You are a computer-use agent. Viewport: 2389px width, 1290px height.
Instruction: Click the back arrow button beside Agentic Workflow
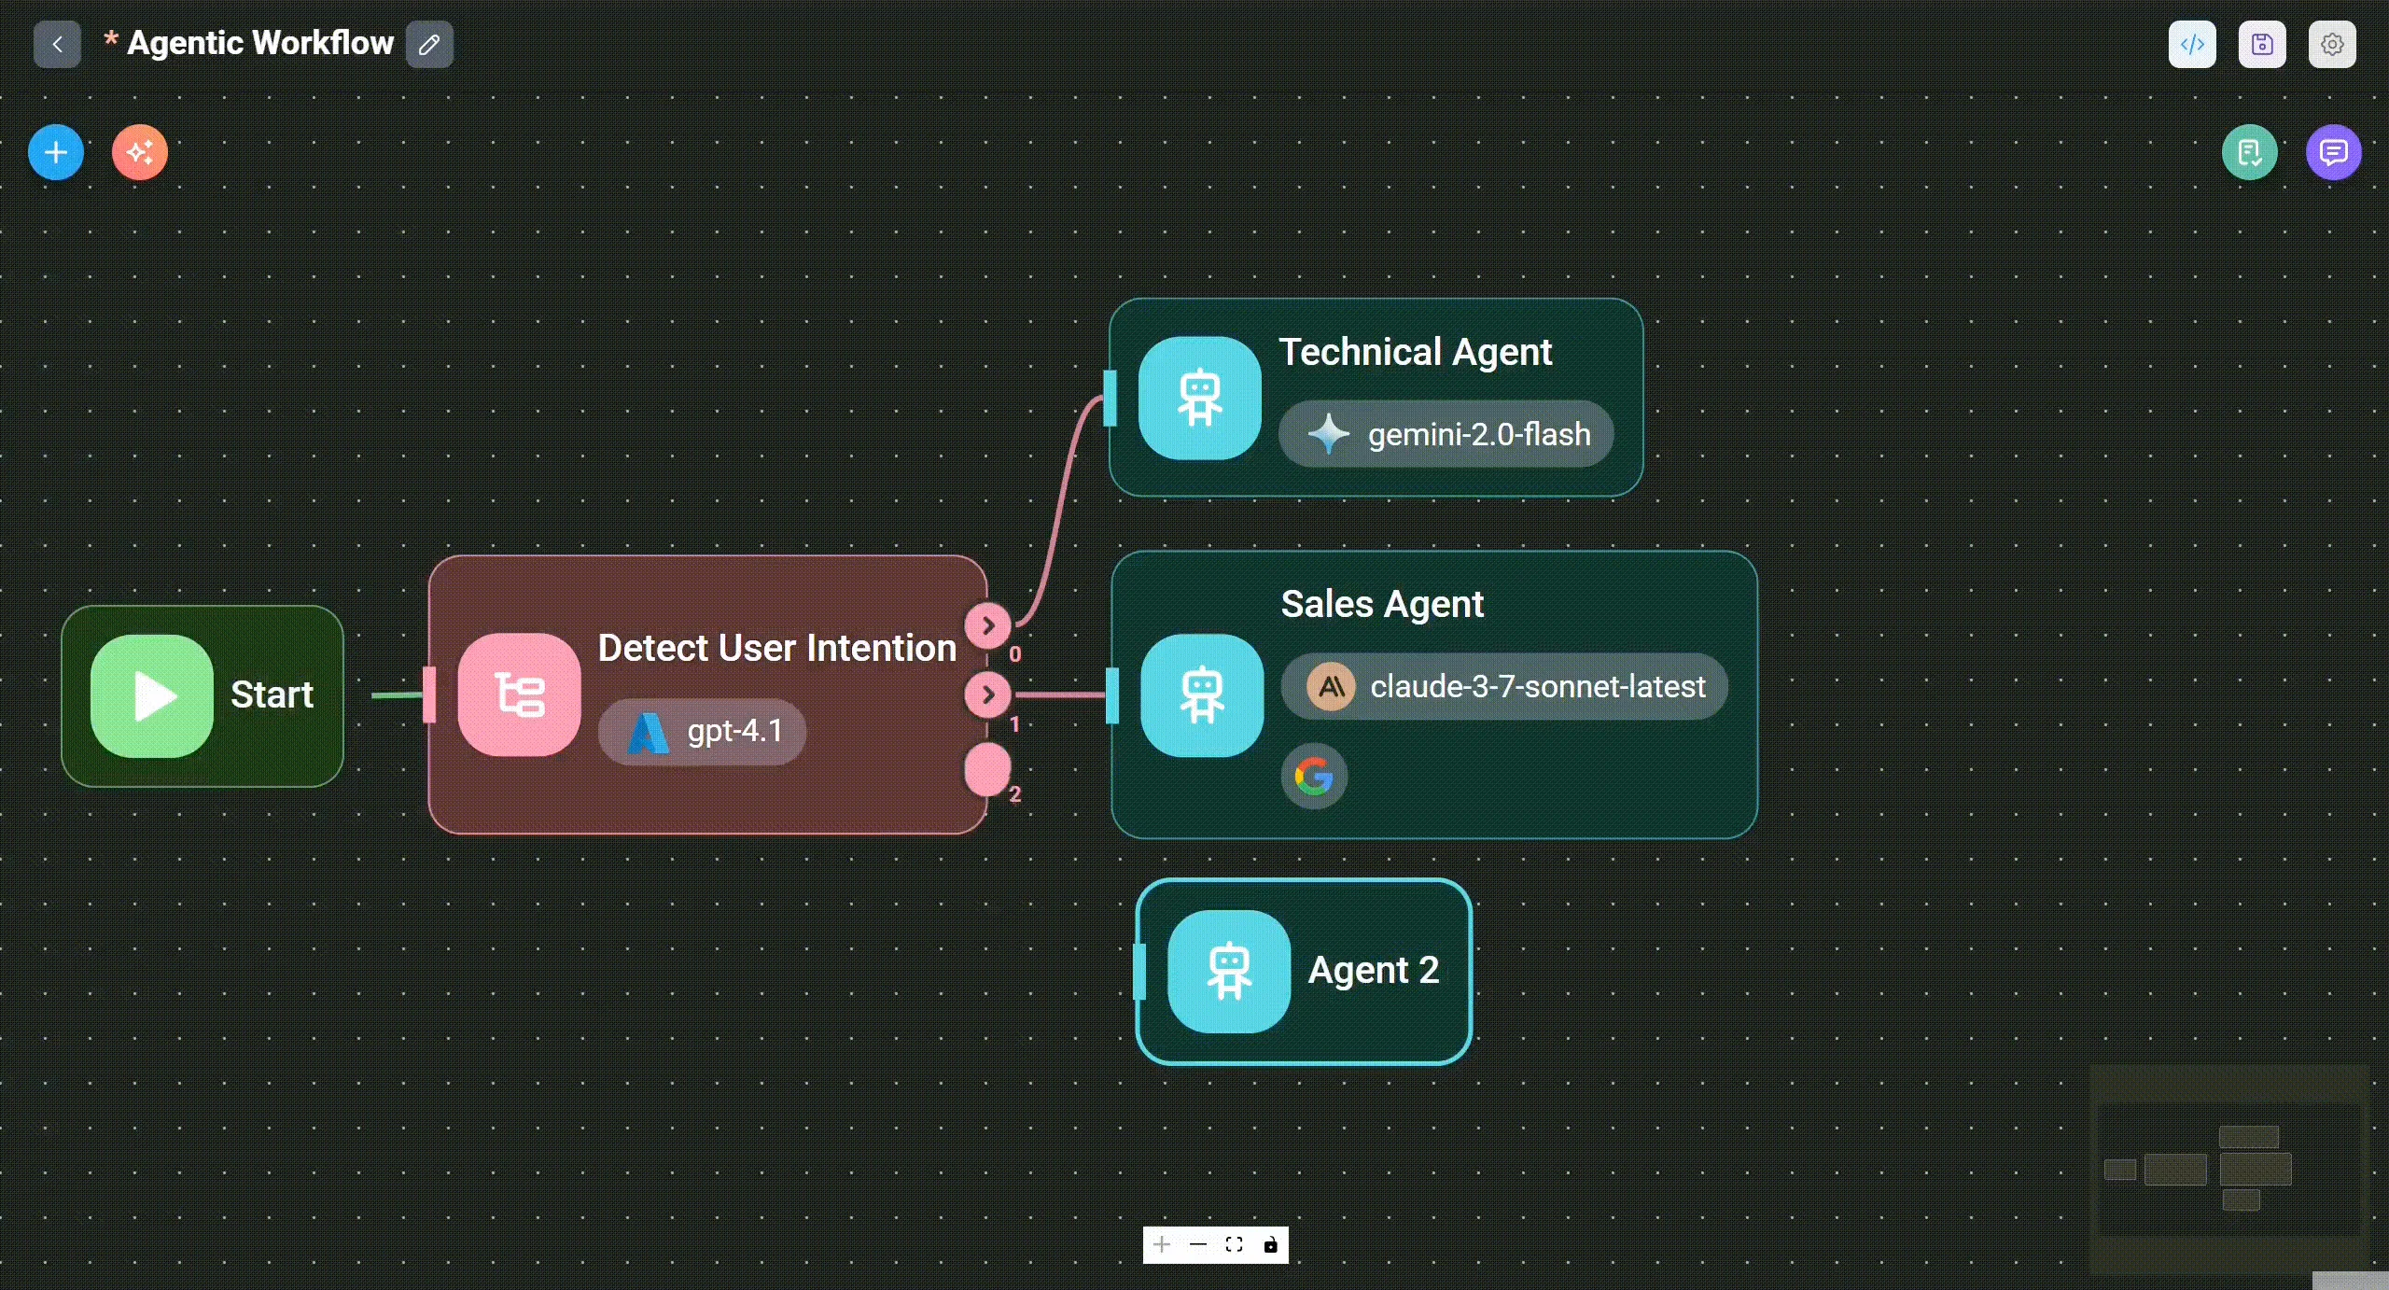coord(57,44)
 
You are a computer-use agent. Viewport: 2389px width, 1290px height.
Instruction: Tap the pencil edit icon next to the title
coord(429,44)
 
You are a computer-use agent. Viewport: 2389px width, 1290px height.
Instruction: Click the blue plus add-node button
coord(56,152)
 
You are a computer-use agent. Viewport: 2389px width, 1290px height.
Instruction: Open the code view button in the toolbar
coord(2192,44)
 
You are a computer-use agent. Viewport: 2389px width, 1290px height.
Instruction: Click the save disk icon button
coord(2262,44)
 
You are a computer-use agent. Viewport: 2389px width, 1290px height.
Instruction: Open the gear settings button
coord(2332,44)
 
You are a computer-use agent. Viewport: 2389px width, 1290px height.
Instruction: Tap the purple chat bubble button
coord(2334,152)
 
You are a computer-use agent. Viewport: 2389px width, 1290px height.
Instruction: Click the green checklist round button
coord(2250,152)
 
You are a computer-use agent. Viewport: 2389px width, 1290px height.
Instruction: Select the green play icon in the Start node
coord(152,696)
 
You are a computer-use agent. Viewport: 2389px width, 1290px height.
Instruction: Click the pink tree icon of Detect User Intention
coord(519,694)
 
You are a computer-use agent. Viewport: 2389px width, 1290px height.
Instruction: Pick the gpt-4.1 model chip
coord(702,732)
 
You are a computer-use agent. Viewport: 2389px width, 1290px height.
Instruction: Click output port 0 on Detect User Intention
coord(988,625)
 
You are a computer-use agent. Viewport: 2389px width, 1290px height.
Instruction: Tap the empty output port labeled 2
coord(987,770)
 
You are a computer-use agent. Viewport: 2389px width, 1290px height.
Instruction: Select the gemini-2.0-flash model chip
coord(1446,434)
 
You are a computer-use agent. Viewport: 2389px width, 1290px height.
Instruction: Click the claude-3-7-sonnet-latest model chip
coord(1504,686)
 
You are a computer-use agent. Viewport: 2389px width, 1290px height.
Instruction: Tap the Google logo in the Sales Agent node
coord(1314,776)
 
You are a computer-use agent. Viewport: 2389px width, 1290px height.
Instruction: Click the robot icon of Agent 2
coord(1229,972)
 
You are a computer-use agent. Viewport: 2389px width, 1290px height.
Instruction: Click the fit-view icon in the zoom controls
coord(1234,1244)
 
